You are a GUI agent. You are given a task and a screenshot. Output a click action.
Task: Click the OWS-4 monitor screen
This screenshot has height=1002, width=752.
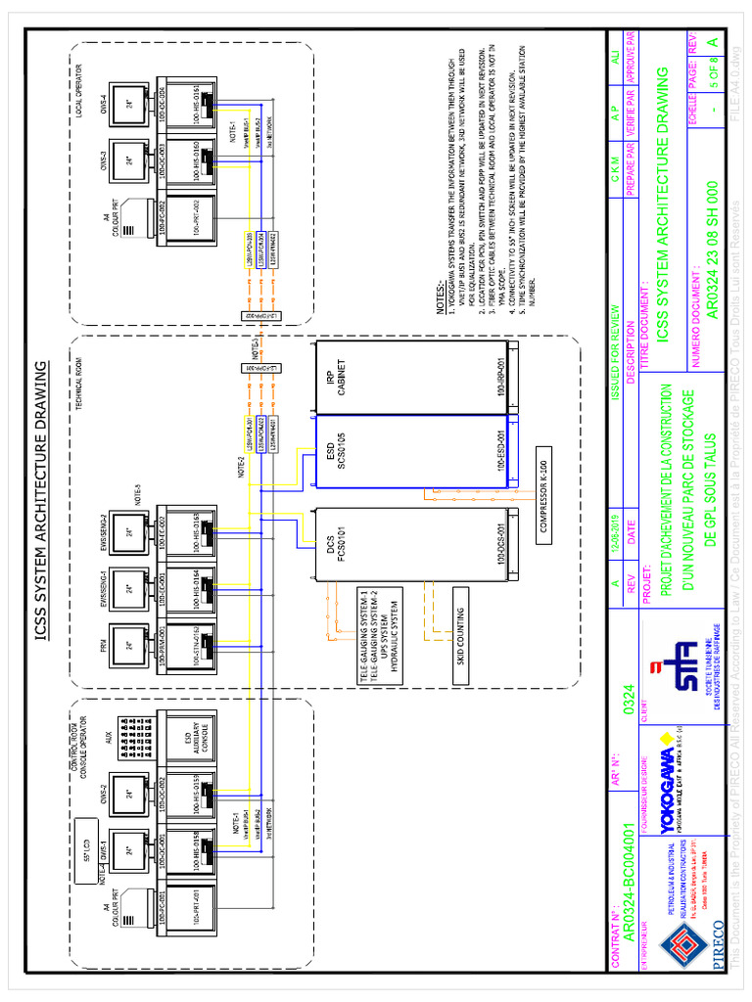pyautogui.click(x=127, y=103)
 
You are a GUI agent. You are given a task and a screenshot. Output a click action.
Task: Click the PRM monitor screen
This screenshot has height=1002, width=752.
pyautogui.click(x=127, y=646)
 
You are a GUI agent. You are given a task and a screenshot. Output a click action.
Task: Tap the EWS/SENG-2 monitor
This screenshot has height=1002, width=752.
pyautogui.click(x=127, y=534)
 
